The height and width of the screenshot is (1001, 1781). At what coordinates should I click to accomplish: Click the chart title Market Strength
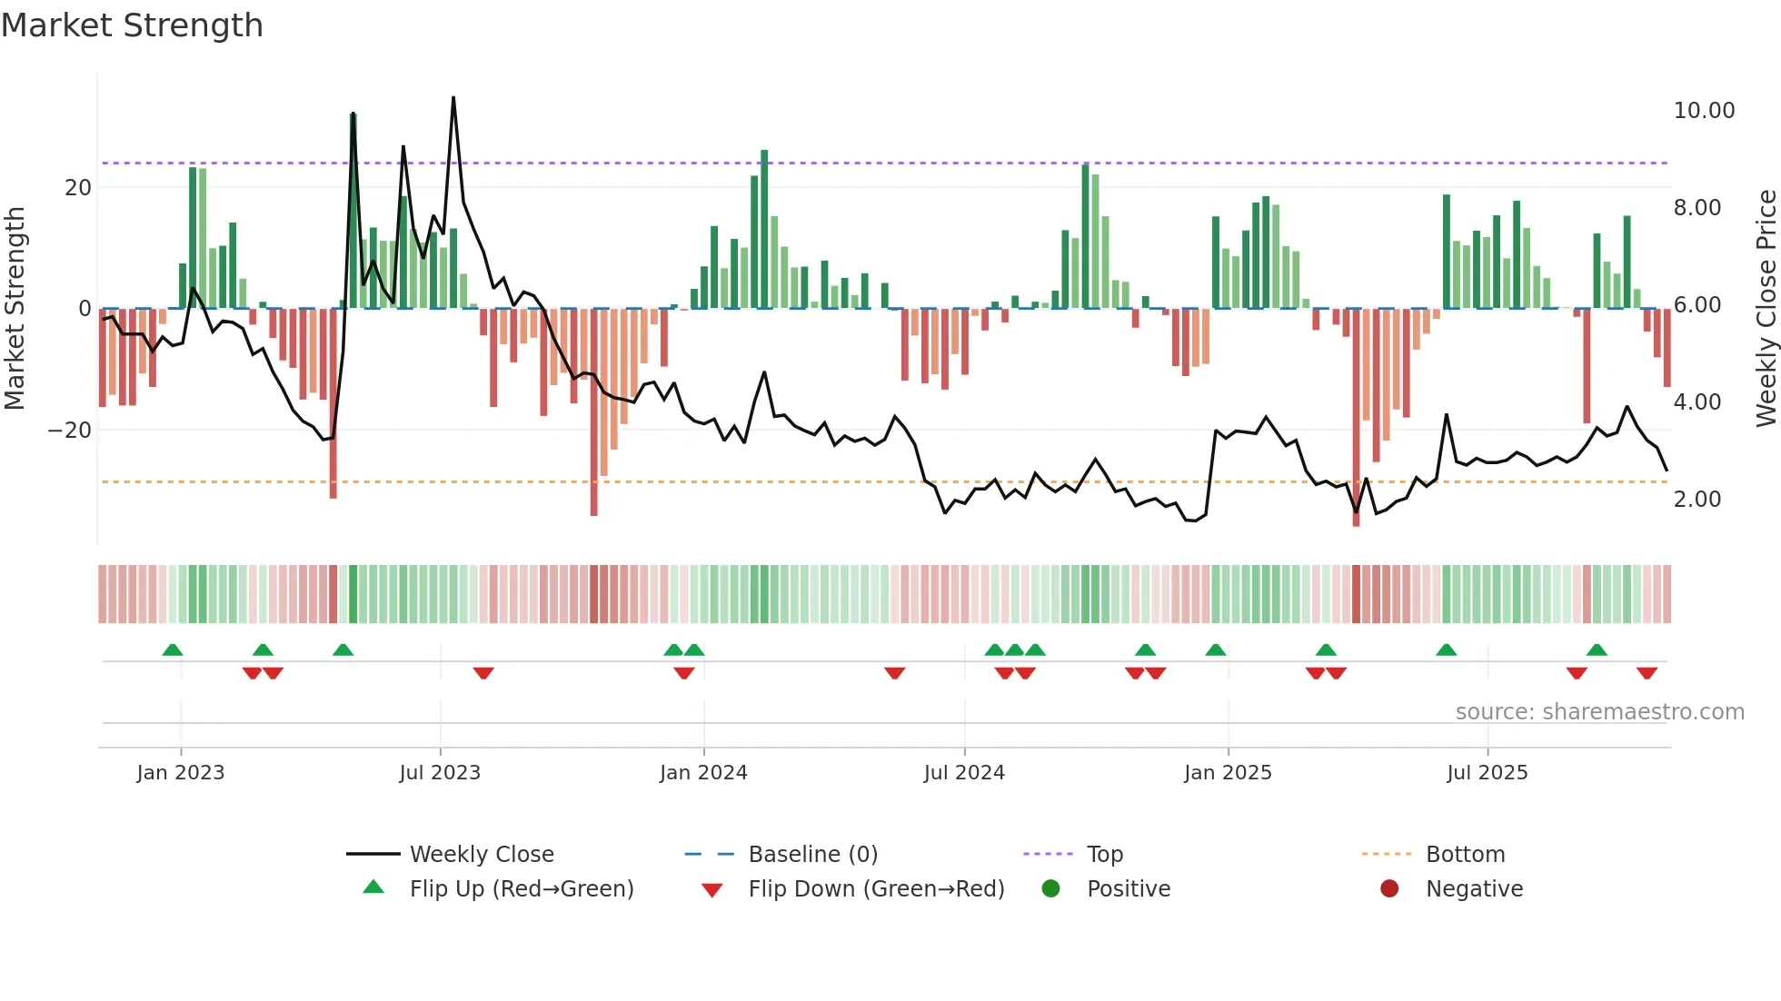point(132,25)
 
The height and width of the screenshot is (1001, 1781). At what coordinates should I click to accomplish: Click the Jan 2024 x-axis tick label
point(703,773)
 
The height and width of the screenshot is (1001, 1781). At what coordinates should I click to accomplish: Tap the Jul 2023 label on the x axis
point(440,773)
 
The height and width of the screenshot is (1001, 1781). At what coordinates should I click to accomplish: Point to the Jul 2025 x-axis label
point(1487,773)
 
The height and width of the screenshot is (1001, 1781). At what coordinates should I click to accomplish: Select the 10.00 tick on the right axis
point(1704,111)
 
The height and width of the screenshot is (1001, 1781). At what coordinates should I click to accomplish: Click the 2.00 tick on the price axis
point(1696,500)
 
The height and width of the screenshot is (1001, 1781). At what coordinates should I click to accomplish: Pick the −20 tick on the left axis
point(70,431)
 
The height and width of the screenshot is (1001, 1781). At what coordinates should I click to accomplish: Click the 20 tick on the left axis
point(78,188)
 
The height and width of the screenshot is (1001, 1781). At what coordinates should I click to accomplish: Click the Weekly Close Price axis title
point(1766,309)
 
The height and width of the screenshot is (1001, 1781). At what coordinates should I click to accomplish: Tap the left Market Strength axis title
point(15,309)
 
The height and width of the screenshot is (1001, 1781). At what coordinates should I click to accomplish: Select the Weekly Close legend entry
point(481,855)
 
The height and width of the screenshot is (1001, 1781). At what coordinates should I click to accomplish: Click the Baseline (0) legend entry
point(812,855)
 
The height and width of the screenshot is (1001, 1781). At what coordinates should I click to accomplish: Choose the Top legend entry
point(1104,855)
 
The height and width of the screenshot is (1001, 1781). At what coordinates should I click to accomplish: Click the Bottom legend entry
point(1465,855)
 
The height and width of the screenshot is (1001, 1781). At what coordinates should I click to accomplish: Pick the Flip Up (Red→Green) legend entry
point(521,889)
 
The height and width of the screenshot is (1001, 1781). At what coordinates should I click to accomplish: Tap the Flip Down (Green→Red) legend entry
point(876,889)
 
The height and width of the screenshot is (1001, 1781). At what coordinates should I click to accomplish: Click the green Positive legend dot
point(1051,889)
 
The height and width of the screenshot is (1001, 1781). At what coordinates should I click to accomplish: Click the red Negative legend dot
point(1389,889)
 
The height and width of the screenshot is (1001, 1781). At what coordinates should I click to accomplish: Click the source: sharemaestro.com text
point(1599,712)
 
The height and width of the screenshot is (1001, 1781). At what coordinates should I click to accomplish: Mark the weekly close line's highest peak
point(453,97)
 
